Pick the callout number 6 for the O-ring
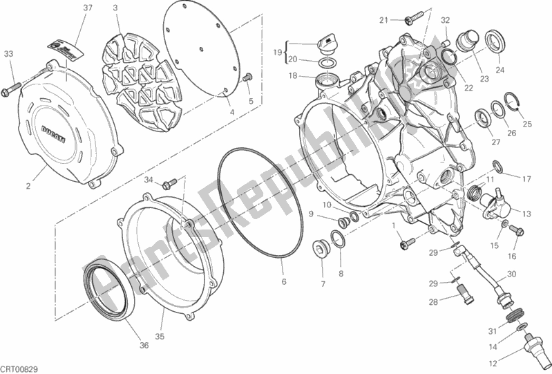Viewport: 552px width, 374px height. (x=283, y=281)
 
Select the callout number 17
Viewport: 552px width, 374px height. (x=526, y=180)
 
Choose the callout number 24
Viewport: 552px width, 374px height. (x=500, y=69)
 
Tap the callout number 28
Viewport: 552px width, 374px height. (x=432, y=302)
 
